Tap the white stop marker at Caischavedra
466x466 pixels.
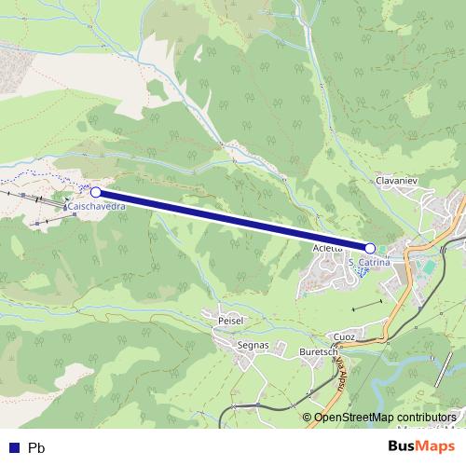coord(96,192)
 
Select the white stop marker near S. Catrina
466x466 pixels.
coord(371,248)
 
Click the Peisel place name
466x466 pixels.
coord(230,320)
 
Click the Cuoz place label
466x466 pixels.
coord(345,336)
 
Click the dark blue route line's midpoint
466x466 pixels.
coord(233,220)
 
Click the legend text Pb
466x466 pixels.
coord(36,447)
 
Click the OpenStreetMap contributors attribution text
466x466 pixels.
coord(385,417)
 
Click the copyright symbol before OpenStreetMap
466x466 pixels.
coord(307,417)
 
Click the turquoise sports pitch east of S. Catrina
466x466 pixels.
coord(425,268)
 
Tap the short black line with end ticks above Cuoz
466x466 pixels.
coord(367,306)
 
